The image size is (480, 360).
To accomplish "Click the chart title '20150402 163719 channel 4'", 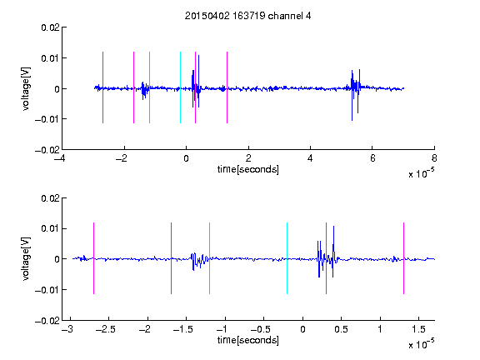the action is click(x=247, y=16).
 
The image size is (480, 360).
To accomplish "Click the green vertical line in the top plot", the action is click(x=149, y=87).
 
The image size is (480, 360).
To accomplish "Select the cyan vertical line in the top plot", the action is click(x=180, y=87).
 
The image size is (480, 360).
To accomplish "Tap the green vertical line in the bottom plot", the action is click(x=209, y=258).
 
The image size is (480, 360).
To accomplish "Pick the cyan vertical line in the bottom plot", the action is click(x=287, y=258).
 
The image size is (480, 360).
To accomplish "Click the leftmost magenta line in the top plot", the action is click(x=102, y=87).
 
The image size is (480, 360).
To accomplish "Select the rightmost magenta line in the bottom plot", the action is click(x=403, y=258).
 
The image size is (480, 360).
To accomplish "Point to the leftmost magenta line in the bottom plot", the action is click(x=93, y=258).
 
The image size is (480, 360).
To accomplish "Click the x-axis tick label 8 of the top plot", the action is click(x=434, y=158).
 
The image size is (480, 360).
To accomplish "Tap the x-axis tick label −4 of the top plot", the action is click(x=59, y=158).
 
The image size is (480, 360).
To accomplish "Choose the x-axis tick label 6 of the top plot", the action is click(x=372, y=158).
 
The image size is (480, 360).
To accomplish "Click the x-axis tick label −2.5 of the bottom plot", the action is click(x=106, y=329).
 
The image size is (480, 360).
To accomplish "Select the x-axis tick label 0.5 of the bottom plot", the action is click(x=341, y=329).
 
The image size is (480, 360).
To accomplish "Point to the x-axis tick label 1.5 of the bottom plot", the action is click(x=418, y=329).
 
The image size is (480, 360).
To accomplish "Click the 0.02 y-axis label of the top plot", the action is click(x=50, y=27).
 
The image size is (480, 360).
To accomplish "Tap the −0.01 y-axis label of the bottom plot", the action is click(x=47, y=290).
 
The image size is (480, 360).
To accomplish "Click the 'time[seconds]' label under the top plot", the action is click(x=248, y=169).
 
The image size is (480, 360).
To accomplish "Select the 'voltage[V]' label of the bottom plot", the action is click(x=26, y=259).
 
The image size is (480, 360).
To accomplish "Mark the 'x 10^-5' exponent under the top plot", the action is click(x=421, y=173).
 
